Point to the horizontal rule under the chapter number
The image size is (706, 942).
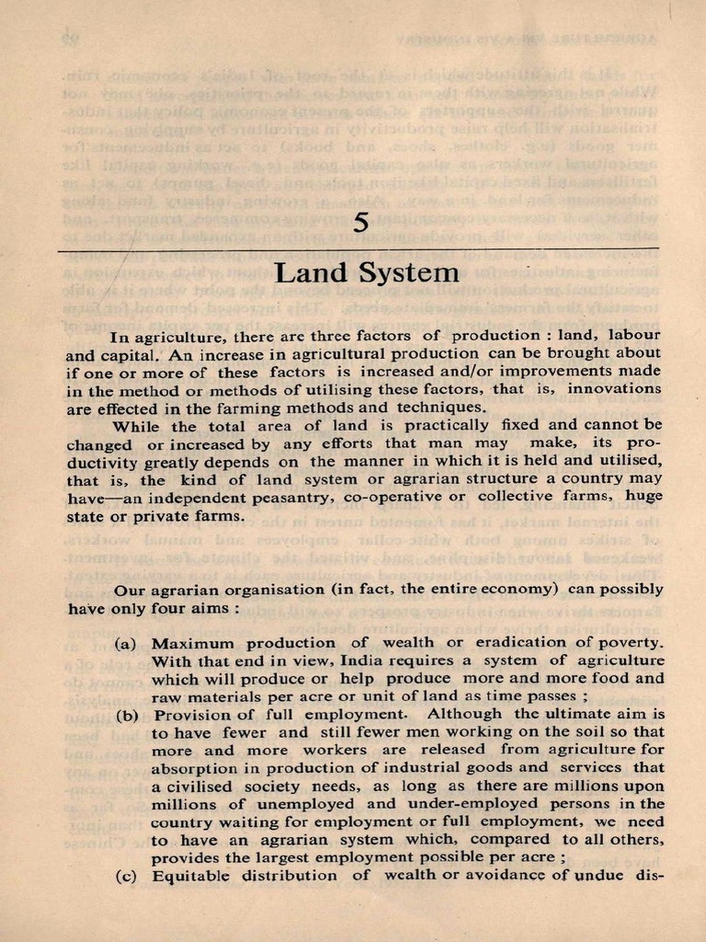(359, 248)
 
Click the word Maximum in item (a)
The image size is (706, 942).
(192, 643)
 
